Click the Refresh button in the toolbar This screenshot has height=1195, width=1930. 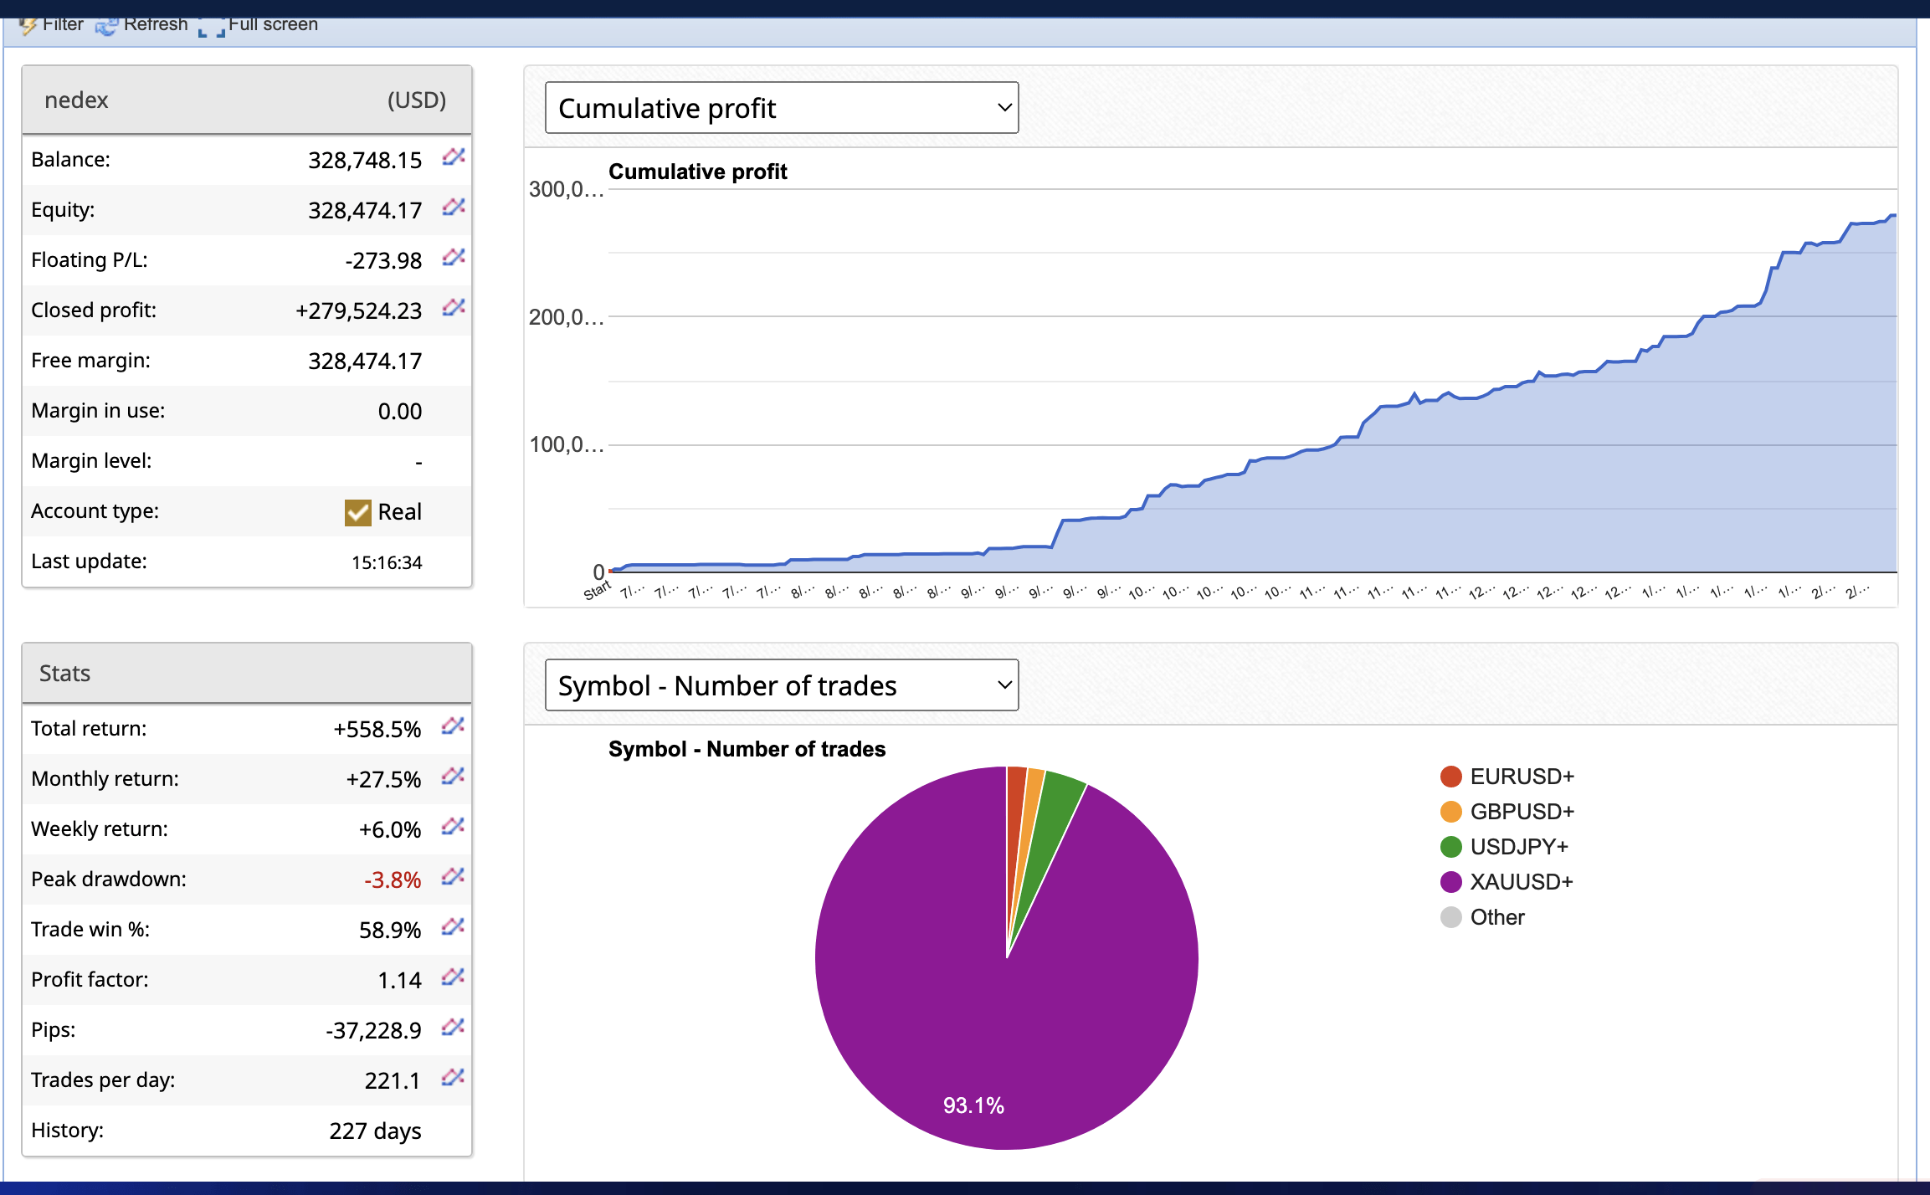(142, 24)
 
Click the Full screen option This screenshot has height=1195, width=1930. (259, 24)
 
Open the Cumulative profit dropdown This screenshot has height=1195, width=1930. (781, 108)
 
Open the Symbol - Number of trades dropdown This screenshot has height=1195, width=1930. (781, 685)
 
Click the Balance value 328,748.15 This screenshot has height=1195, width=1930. (365, 160)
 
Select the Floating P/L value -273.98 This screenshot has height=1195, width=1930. (383, 260)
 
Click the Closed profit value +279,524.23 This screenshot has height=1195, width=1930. (358, 310)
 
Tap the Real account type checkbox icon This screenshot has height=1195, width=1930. (357, 512)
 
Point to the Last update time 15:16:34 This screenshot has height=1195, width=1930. (387, 562)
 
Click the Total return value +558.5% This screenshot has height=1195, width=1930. (377, 729)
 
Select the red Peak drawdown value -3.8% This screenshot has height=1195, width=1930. (393, 880)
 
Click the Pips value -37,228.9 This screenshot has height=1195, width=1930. (373, 1030)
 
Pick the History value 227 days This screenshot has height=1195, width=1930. (375, 1131)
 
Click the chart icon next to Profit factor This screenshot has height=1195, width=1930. (453, 977)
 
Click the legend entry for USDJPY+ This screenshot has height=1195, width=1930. (1518, 847)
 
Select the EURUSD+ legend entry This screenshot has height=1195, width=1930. (1522, 777)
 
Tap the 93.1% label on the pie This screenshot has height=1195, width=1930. (973, 1105)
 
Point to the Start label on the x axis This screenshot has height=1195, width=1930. (597, 591)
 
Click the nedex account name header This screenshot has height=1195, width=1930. (76, 100)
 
